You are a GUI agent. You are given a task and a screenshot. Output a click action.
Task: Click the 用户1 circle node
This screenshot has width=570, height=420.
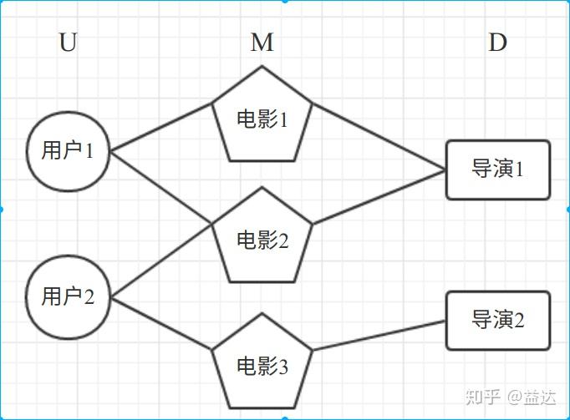pyautogui.click(x=68, y=152)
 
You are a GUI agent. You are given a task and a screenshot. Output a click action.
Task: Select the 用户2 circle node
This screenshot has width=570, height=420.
pyautogui.click(x=68, y=298)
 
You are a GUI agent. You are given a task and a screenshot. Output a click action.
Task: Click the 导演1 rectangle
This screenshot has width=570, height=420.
pyautogui.click(x=498, y=170)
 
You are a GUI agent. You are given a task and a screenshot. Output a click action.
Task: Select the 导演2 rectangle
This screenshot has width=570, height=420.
pyautogui.click(x=498, y=320)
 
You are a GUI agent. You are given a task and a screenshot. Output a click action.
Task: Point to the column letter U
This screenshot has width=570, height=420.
pyautogui.click(x=68, y=43)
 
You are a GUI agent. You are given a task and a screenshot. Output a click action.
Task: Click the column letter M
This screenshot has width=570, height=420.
pyautogui.click(x=262, y=43)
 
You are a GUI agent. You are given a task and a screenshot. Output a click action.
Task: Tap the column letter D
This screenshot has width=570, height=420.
pyautogui.click(x=497, y=43)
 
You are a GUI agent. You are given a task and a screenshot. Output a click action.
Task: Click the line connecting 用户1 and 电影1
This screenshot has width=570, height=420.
pyautogui.click(x=161, y=128)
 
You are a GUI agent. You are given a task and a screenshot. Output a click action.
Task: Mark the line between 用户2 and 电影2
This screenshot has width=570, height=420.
pyautogui.click(x=161, y=261)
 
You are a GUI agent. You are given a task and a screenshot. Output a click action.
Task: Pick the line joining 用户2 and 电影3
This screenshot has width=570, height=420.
pyautogui.click(x=161, y=322)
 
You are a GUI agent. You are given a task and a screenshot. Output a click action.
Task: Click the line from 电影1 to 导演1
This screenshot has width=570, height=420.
pyautogui.click(x=379, y=136)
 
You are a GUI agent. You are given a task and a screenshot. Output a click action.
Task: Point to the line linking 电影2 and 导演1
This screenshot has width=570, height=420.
pyautogui.click(x=379, y=197)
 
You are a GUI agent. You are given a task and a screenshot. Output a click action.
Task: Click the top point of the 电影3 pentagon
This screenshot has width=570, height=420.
pyautogui.click(x=262, y=314)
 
